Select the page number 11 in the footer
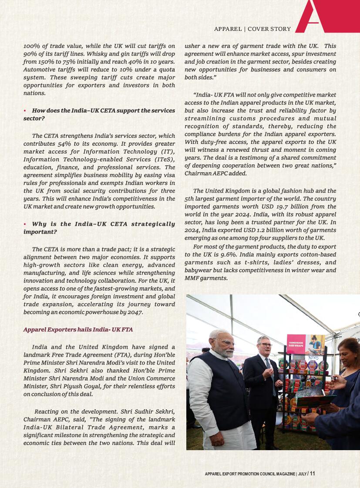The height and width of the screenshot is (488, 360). (313, 474)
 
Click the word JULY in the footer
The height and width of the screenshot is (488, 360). (302, 474)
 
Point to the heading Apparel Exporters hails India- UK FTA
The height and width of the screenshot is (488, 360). (78, 330)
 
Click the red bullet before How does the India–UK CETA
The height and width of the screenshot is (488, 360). (25, 111)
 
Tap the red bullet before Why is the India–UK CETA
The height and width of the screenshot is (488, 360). (25, 224)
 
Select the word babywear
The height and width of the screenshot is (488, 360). (197, 271)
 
